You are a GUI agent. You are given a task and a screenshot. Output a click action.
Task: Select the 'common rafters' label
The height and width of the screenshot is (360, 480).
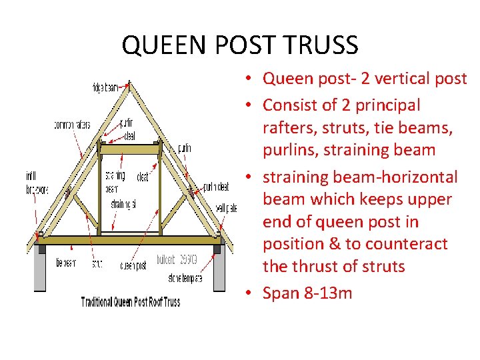[x=72, y=125]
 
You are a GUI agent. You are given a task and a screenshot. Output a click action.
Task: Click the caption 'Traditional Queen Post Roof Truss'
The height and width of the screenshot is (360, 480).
[x=131, y=301]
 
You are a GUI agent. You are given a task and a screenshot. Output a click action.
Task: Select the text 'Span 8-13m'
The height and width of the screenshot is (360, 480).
[x=307, y=293]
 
